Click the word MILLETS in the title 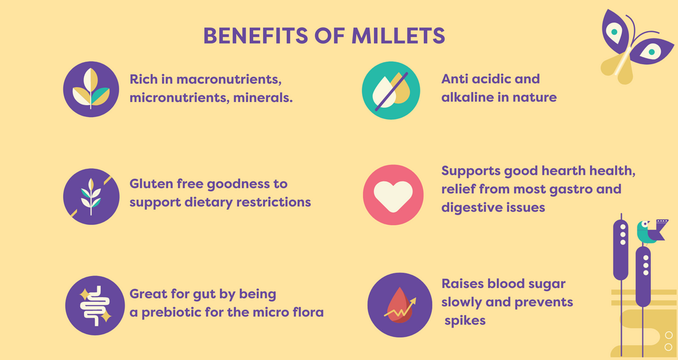398,36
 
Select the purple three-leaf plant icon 91,89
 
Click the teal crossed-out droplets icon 391,90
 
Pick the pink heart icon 393,195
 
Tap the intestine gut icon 95,306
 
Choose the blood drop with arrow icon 399,304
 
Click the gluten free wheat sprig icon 91,197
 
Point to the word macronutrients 228,79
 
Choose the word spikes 465,321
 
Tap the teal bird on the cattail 650,232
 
